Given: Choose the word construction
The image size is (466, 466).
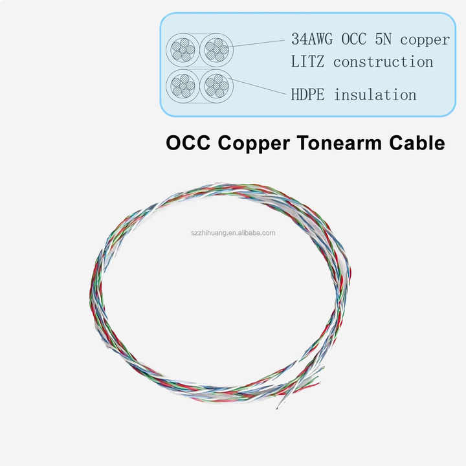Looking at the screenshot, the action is [383, 62].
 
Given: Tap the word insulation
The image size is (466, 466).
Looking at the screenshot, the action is [375, 94].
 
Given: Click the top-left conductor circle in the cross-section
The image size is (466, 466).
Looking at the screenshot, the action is [182, 49].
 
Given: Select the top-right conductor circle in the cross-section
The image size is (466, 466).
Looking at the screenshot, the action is [216, 49].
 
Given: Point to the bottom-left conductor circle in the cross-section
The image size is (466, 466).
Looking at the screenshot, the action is [182, 85].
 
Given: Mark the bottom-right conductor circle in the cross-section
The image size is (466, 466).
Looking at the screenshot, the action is [216, 85].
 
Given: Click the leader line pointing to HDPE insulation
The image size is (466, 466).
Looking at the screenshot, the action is [259, 88].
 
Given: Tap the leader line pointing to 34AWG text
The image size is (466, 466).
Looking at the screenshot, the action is [259, 43].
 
